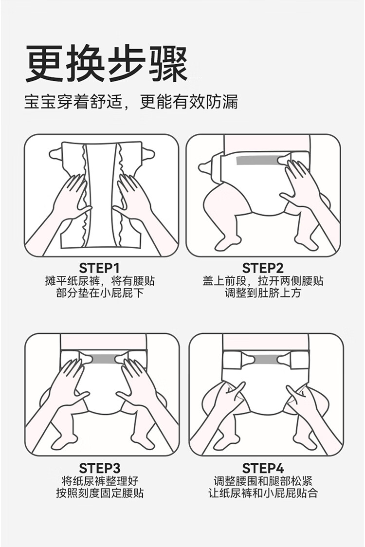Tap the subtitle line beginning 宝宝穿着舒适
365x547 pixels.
(x=131, y=103)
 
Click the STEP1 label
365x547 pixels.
(x=100, y=268)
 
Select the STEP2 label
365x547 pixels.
(x=263, y=268)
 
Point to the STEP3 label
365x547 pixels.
(x=100, y=468)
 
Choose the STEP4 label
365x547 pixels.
(x=263, y=468)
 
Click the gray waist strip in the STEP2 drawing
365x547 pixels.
(x=257, y=161)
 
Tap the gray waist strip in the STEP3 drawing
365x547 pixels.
(x=104, y=359)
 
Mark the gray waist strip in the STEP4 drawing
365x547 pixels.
(x=266, y=359)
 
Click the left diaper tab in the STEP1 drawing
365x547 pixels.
(x=56, y=153)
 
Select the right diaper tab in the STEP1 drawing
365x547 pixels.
(x=148, y=153)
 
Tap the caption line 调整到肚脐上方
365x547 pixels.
(x=263, y=292)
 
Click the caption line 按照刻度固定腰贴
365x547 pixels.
(x=100, y=493)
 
